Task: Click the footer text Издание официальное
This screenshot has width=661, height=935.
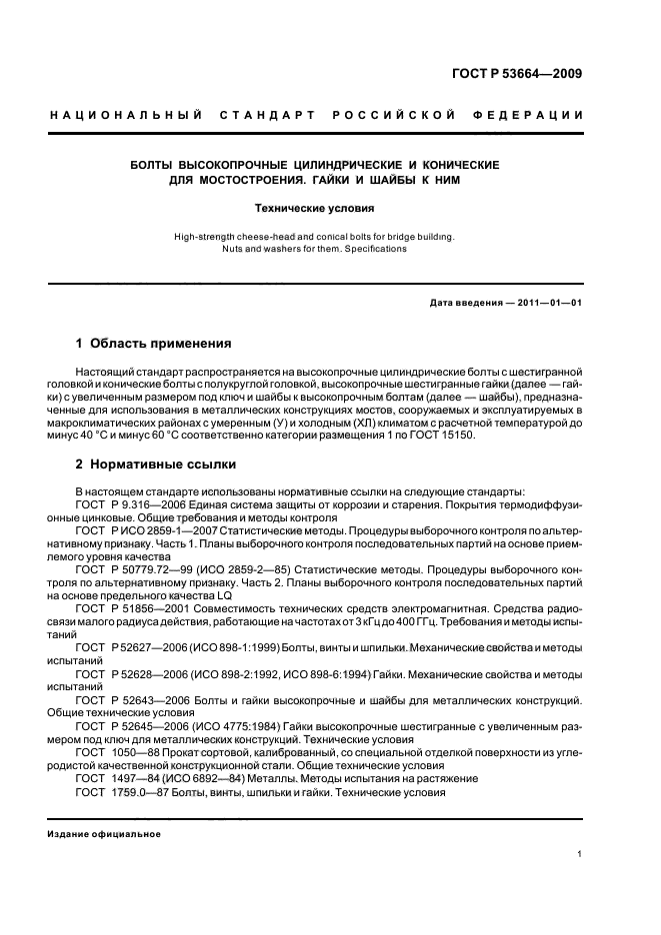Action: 105,834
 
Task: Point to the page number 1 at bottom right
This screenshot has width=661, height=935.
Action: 580,854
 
